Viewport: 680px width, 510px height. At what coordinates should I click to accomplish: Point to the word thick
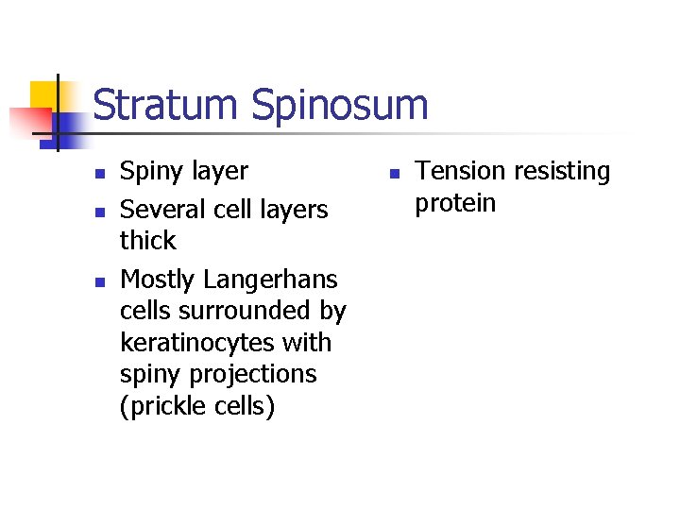[x=147, y=240]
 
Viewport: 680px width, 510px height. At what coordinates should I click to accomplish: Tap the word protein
[x=455, y=203]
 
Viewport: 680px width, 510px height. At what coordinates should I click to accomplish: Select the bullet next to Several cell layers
[x=97, y=210]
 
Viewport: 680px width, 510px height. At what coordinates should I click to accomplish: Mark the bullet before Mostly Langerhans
[x=97, y=280]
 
